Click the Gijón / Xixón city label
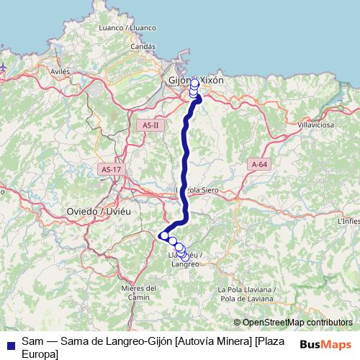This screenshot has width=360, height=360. [196, 81]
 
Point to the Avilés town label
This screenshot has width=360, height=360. [60, 72]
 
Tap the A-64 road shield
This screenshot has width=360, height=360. [260, 165]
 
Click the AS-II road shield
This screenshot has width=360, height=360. [150, 125]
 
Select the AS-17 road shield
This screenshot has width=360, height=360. [111, 168]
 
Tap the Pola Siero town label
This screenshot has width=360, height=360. [204, 190]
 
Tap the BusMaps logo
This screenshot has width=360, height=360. [325, 344]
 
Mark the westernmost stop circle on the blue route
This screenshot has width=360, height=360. [164, 235]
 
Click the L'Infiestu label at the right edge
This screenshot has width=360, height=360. [348, 222]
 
